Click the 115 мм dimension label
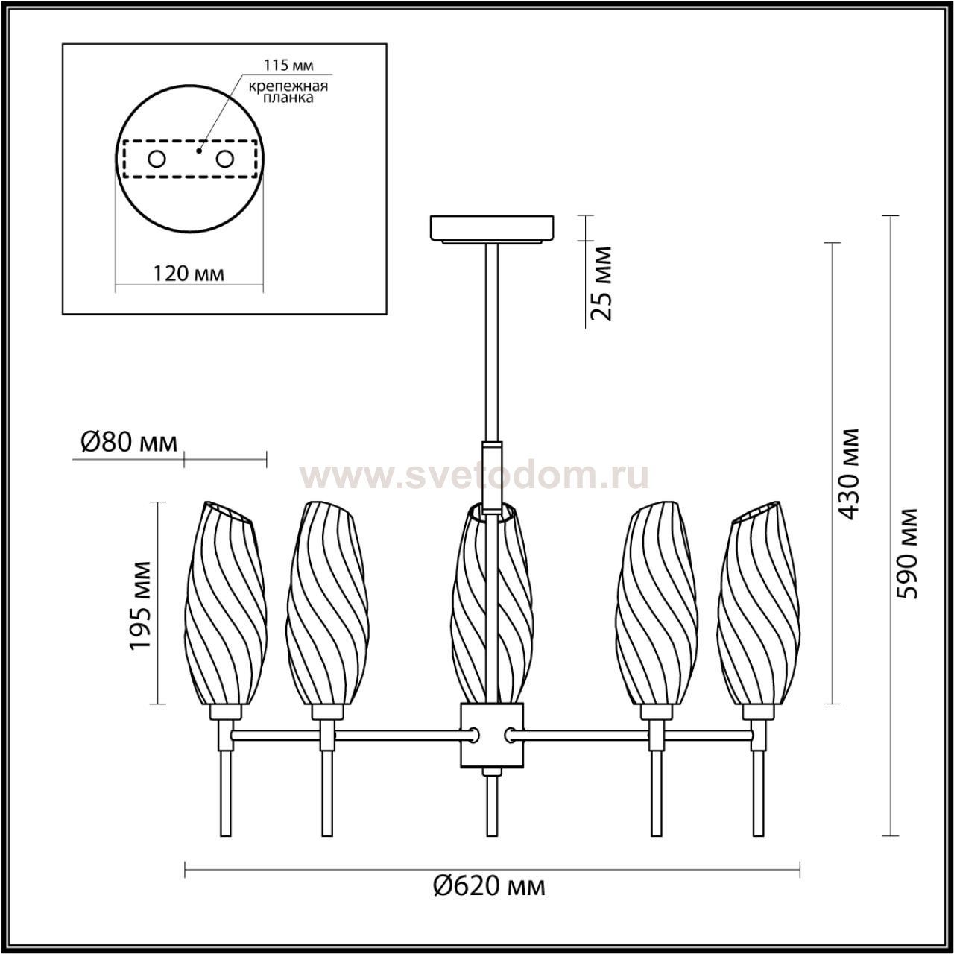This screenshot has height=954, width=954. [288, 65]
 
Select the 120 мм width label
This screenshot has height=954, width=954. [188, 274]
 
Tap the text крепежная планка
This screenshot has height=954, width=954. [288, 92]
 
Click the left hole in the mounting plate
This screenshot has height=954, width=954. [157, 159]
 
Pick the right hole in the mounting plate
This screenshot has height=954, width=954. [224, 159]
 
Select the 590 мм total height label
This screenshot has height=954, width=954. [908, 553]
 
